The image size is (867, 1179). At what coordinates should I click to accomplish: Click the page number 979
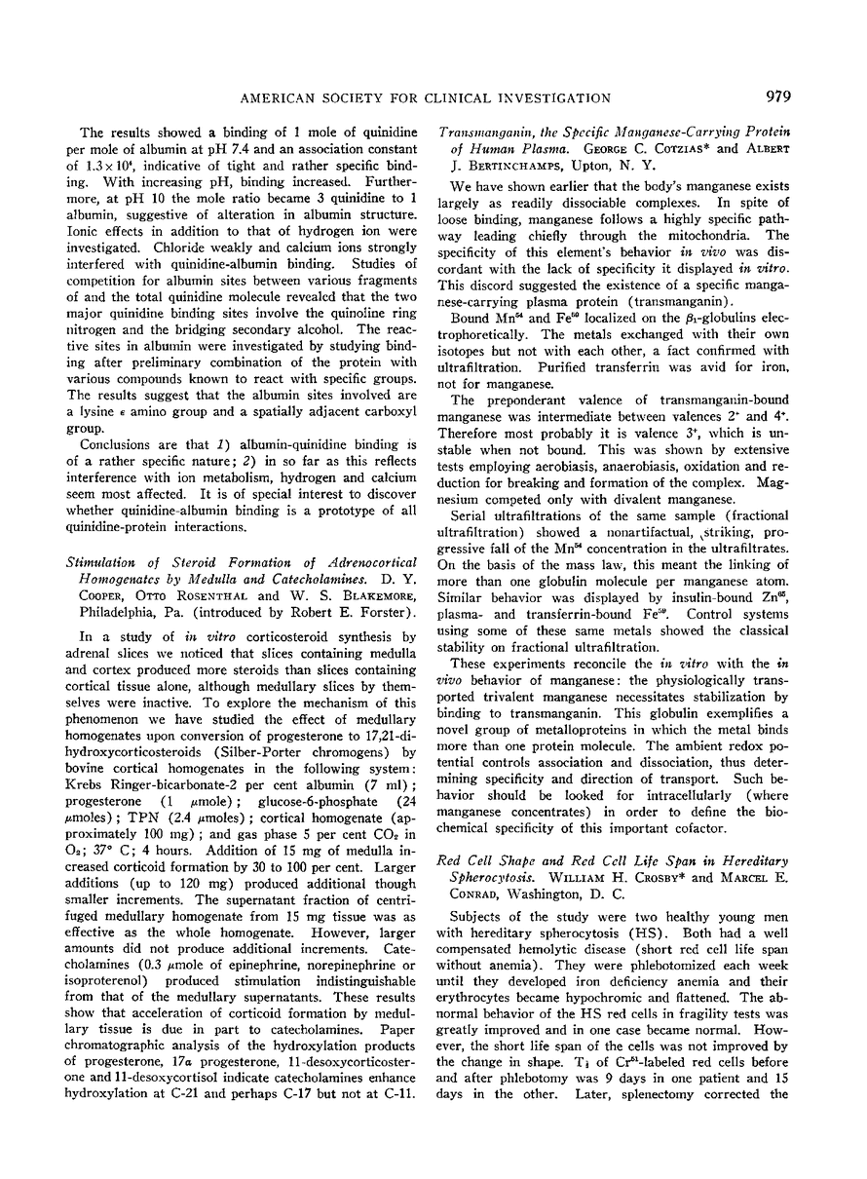tap(779, 96)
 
